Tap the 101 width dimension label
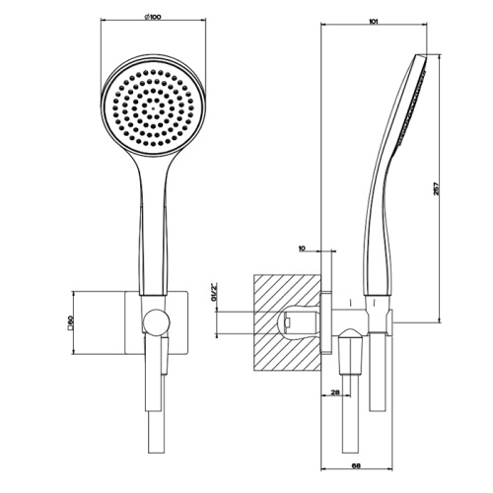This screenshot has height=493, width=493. tap(373, 17)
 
